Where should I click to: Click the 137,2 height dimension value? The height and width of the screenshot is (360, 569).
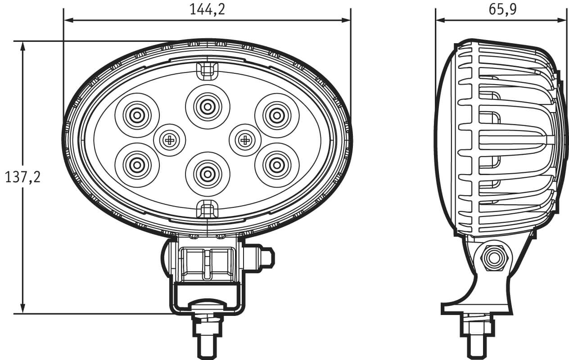(x=23, y=177)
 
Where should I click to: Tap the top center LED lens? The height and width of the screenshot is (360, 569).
(x=208, y=107)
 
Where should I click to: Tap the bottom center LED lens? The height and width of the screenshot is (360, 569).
(x=208, y=174)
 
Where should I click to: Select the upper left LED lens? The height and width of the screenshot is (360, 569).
(x=137, y=116)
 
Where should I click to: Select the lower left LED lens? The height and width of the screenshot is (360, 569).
(x=137, y=165)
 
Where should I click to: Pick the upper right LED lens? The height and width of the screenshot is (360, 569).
(x=277, y=116)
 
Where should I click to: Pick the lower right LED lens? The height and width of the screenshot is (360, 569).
(x=277, y=165)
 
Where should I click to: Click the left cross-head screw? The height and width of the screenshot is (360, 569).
(x=169, y=140)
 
